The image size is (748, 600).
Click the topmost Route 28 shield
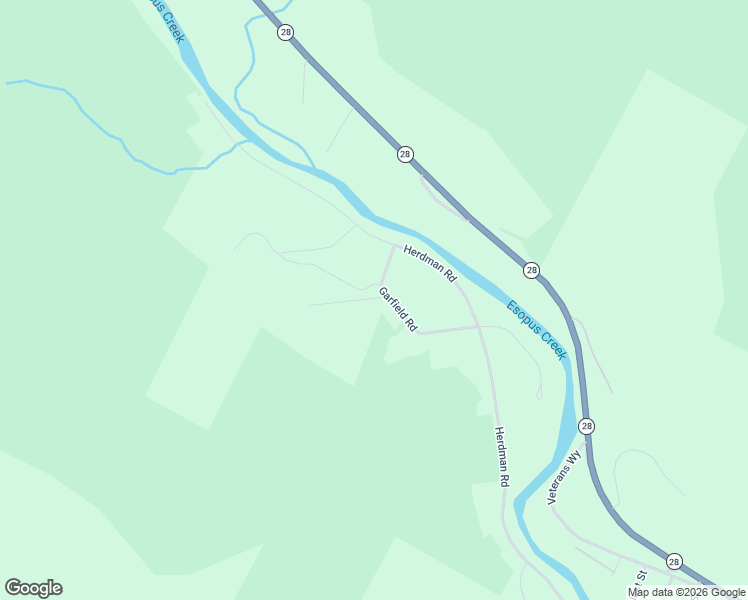click(x=286, y=33)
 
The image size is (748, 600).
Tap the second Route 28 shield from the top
click(x=404, y=154)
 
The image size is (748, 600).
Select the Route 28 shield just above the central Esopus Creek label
click(x=531, y=270)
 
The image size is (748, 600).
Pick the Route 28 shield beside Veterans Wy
click(x=586, y=426)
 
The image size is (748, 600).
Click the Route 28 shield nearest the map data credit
click(x=674, y=562)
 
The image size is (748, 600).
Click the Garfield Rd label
click(x=397, y=309)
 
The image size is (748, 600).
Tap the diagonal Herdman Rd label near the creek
click(x=430, y=262)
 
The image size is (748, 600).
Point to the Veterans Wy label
click(x=564, y=478)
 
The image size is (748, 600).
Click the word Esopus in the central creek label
click(x=522, y=318)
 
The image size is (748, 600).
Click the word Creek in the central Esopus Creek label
click(x=553, y=345)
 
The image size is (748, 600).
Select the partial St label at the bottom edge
click(x=643, y=577)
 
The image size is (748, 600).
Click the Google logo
click(x=33, y=588)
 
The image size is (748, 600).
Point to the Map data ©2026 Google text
click(x=686, y=592)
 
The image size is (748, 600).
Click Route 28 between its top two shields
click(x=345, y=93)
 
